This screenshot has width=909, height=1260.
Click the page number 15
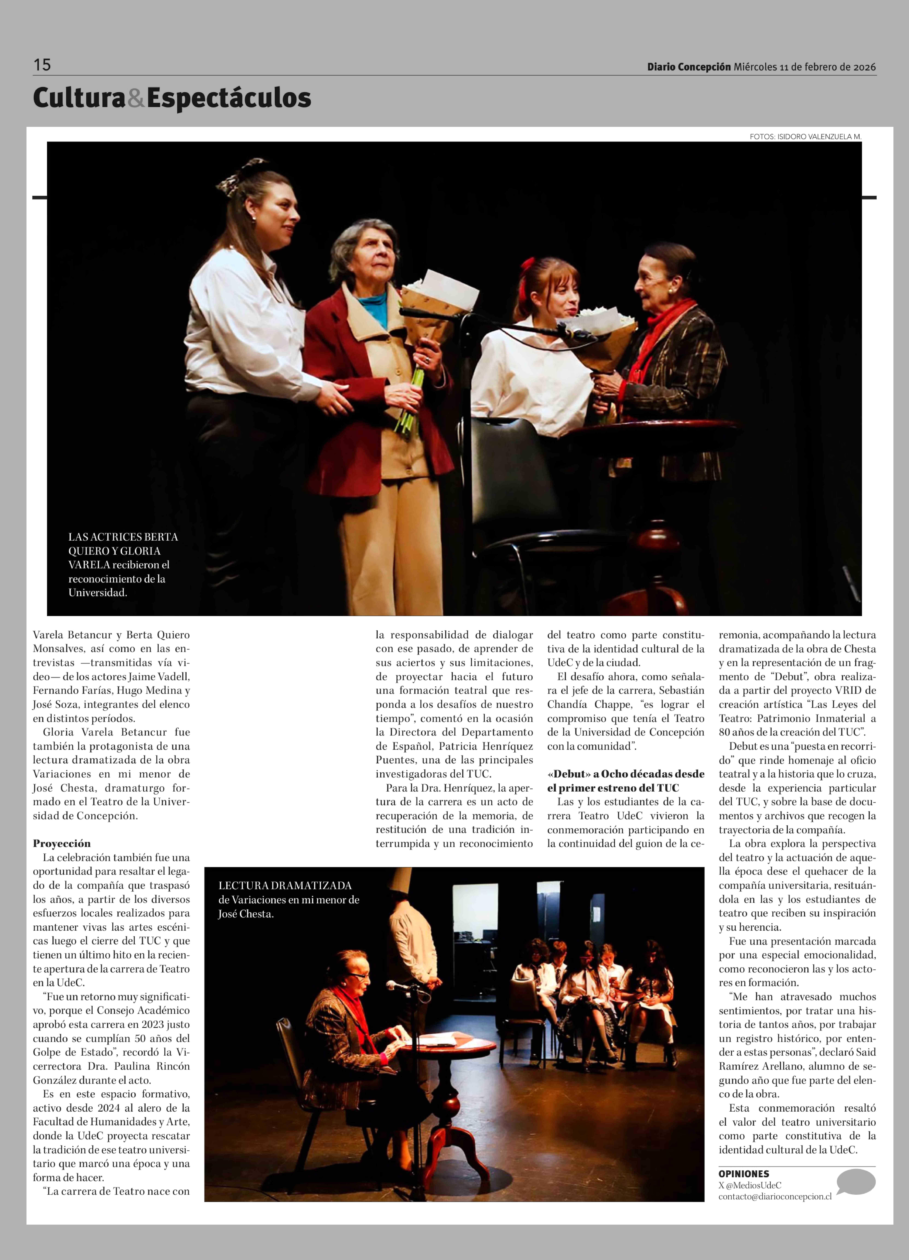(42, 65)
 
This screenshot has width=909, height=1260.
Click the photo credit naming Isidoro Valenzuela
(805, 137)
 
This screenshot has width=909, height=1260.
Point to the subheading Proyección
(62, 843)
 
